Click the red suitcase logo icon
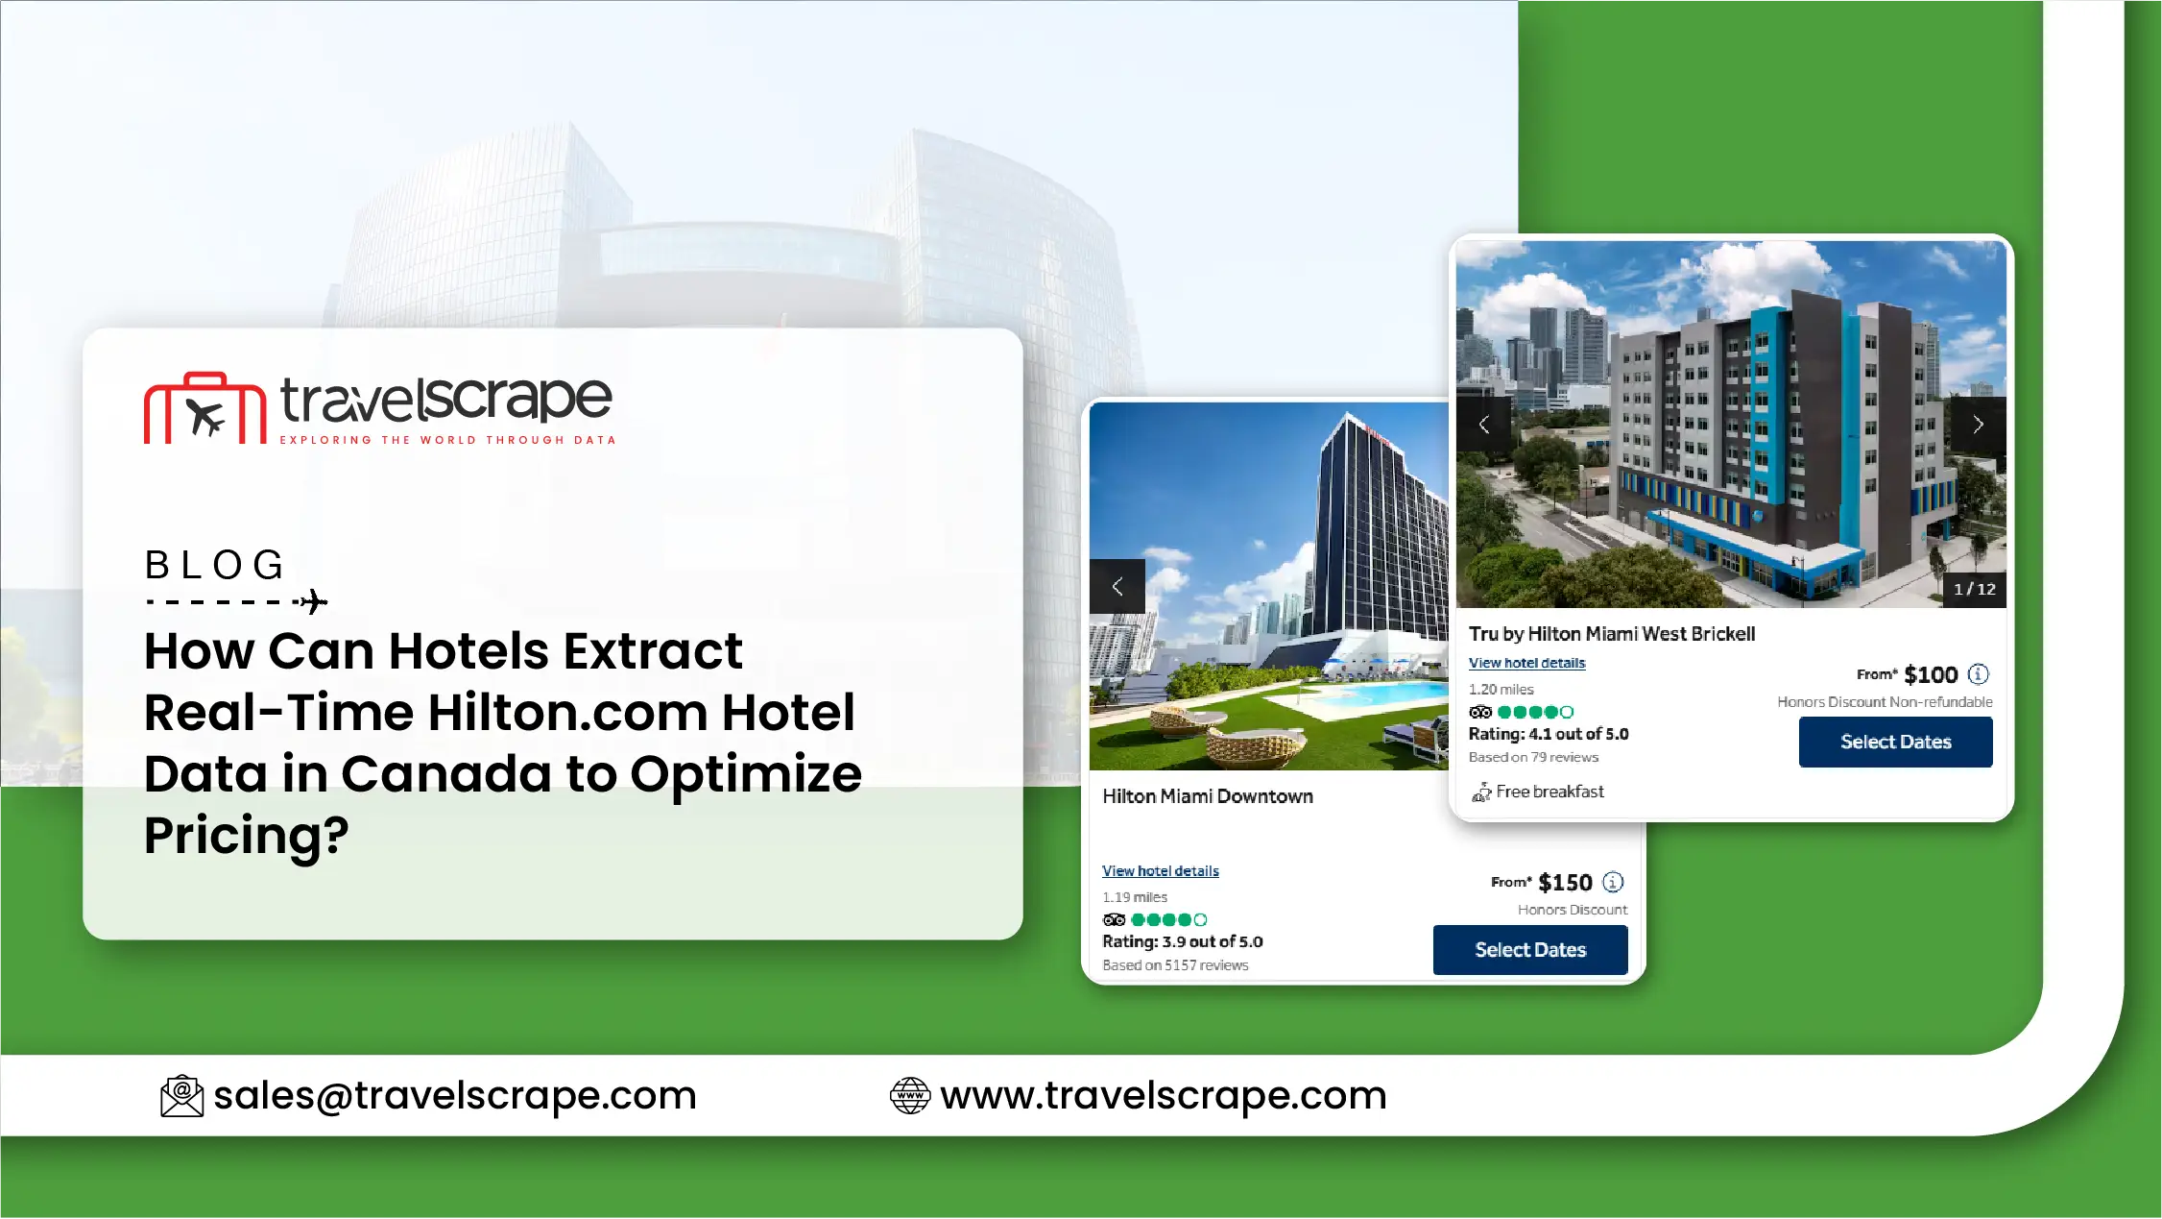click(204, 408)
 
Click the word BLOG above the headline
click(215, 565)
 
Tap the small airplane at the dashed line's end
click(313, 602)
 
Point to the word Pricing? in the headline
click(247, 836)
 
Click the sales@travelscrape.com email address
click(455, 1095)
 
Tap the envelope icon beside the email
click(181, 1096)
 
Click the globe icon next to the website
click(910, 1096)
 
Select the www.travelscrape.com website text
click(1164, 1095)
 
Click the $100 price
click(1931, 674)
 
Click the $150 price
click(1565, 882)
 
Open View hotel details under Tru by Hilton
click(1526, 663)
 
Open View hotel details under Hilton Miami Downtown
click(1161, 870)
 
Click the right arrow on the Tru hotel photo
click(1979, 425)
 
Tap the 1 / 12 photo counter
click(1975, 589)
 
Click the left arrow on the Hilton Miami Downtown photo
click(1117, 586)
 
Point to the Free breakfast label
click(1549, 792)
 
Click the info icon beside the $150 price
click(1614, 882)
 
